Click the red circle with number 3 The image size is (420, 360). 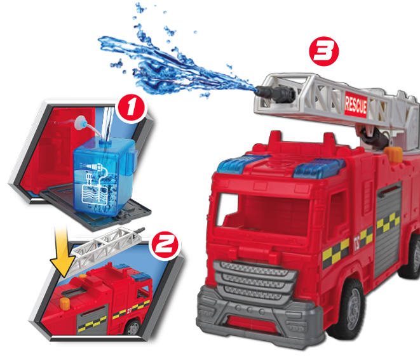[324, 51]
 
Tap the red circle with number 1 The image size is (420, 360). [132, 108]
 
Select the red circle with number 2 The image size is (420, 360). [165, 244]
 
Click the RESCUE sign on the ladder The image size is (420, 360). [356, 105]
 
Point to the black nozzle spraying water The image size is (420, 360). [275, 93]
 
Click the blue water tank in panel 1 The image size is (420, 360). [104, 176]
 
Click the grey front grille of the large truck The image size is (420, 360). [254, 280]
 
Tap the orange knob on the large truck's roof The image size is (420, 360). [393, 154]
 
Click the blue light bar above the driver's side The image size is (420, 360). [318, 169]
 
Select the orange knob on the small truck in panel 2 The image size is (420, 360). [65, 303]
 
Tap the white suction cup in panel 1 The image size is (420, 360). [80, 123]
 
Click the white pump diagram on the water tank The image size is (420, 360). [95, 185]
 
